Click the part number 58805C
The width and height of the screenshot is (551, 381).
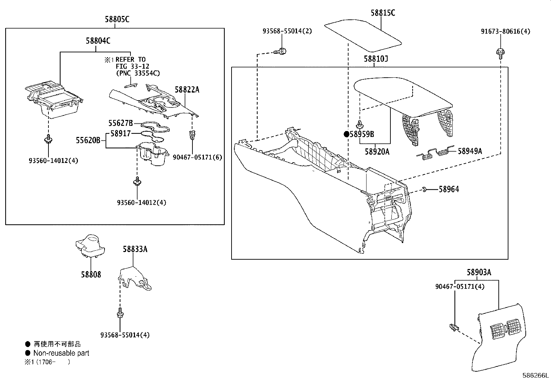tap(117, 19)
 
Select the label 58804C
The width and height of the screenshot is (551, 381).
tap(98, 41)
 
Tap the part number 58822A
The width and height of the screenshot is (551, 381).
tap(187, 90)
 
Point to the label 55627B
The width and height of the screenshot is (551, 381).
tap(120, 123)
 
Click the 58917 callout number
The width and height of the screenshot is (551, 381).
tap(120, 133)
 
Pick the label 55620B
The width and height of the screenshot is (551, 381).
tap(88, 140)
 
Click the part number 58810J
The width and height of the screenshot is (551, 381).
tap(376, 59)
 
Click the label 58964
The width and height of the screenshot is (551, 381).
tap(449, 189)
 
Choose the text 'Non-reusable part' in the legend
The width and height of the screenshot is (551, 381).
tap(61, 353)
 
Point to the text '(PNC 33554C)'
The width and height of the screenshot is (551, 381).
tap(138, 73)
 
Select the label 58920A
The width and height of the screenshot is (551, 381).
tap(377, 151)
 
